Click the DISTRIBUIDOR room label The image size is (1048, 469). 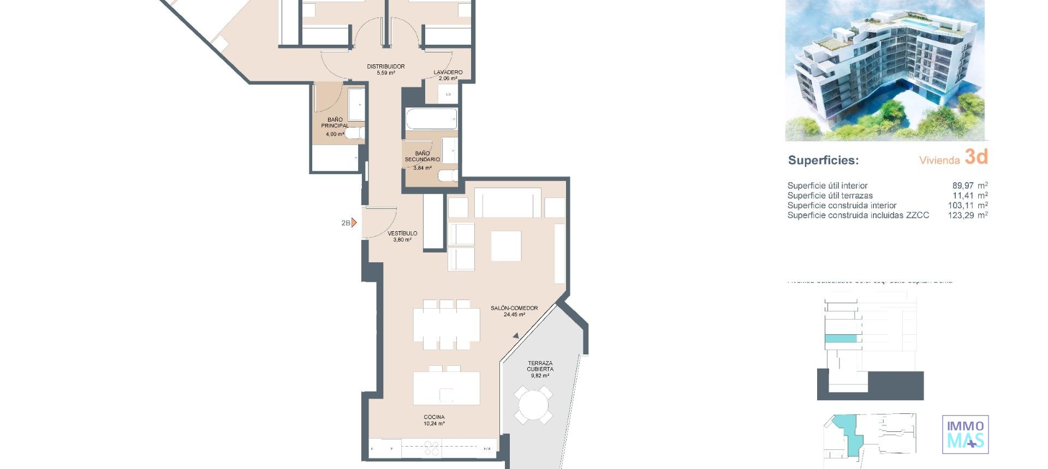pos(385,67)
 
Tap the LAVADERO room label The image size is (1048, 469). pos(448,72)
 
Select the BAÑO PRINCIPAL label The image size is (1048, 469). pos(335,123)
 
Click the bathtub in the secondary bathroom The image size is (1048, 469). pos(431,118)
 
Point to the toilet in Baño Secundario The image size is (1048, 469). pos(448,176)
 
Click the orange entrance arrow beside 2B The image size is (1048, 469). pos(354,223)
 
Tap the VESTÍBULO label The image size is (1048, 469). pos(402,233)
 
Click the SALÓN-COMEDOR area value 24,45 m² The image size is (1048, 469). pos(514,315)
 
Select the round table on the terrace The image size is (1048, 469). pos(534,405)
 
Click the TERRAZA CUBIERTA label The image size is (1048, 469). pos(540,366)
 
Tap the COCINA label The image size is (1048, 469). pos(434,417)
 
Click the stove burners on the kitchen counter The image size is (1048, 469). pos(432,448)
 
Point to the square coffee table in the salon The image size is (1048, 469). pos(506,246)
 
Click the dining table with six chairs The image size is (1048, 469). pos(446,324)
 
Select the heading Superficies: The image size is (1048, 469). pos(823,160)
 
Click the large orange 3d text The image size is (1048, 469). pos(976,157)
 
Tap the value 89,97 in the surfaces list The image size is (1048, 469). pos(963,185)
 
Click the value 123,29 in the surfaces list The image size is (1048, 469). pos(961,215)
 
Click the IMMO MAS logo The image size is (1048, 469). pos(965,435)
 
